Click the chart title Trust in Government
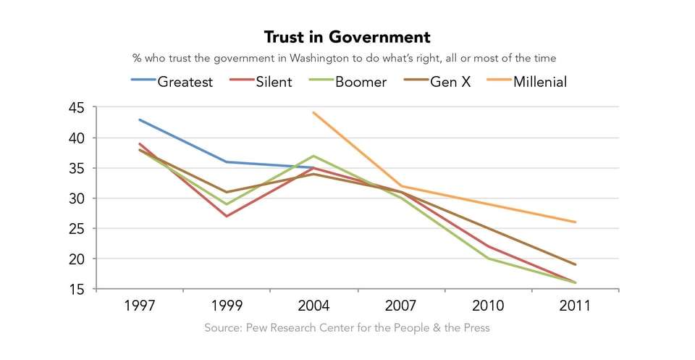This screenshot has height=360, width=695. pyautogui.click(x=347, y=37)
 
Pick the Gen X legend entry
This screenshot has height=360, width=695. pyautogui.click(x=450, y=82)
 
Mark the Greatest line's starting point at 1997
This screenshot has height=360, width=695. pyautogui.click(x=139, y=120)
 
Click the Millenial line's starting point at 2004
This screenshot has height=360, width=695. pyautogui.click(x=313, y=112)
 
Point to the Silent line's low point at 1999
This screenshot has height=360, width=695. pyautogui.click(x=227, y=216)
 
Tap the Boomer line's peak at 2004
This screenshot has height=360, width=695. pyautogui.click(x=313, y=156)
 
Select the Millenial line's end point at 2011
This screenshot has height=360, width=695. pyautogui.click(x=575, y=222)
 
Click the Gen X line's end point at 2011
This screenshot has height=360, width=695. pyautogui.click(x=575, y=264)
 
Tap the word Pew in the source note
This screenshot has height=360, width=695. pyautogui.click(x=253, y=328)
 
